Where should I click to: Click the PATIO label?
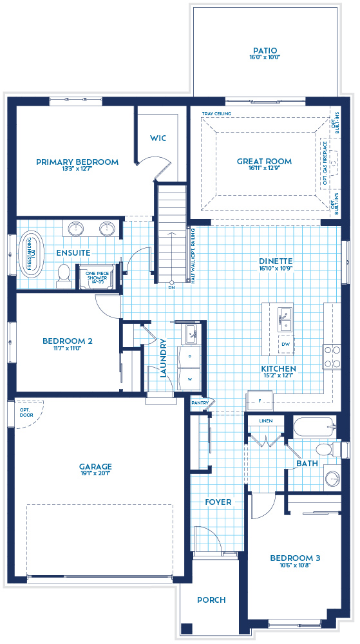[265, 50]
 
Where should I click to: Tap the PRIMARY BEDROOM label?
[77, 162]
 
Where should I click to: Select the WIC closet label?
[158, 138]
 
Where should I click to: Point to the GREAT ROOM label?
[264, 162]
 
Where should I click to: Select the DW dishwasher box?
[285, 344]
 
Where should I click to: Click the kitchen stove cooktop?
[332, 357]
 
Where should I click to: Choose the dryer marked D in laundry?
[190, 356]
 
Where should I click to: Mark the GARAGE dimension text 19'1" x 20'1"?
[95, 475]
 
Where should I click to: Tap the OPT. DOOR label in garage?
[26, 413]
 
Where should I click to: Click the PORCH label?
[211, 600]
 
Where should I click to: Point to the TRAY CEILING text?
[216, 114]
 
